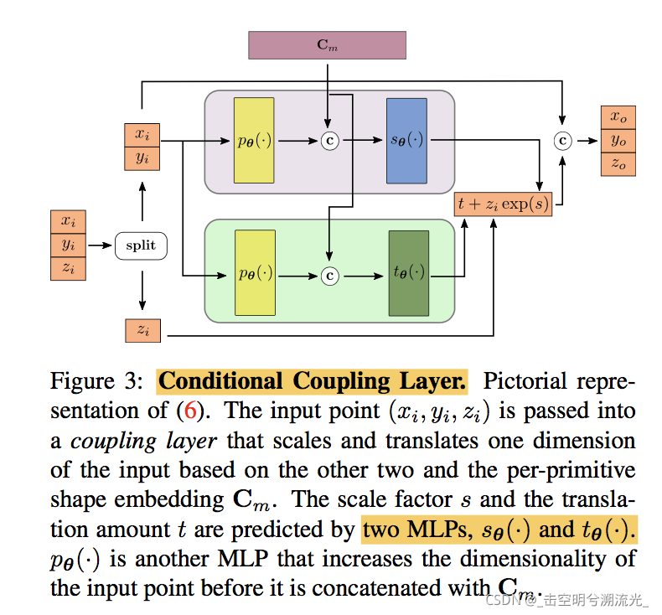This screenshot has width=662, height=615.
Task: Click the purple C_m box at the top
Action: click(x=327, y=45)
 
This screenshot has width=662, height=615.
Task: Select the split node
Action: click(x=141, y=245)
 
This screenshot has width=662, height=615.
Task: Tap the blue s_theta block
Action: click(x=406, y=141)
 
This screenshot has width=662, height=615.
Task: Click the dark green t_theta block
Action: click(x=408, y=274)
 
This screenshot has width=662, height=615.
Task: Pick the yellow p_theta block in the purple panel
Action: click(x=254, y=141)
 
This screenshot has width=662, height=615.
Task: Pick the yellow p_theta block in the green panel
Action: click(x=254, y=274)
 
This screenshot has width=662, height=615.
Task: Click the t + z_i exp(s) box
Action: click(x=503, y=204)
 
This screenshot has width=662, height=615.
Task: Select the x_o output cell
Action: click(x=618, y=116)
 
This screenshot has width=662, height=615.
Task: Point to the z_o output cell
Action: click(x=618, y=163)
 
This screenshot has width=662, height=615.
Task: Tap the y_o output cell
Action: click(x=618, y=140)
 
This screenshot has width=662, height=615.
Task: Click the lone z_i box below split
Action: click(x=142, y=330)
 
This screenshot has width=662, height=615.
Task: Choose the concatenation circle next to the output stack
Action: click(x=563, y=141)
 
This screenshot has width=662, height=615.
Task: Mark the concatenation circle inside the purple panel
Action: click(x=330, y=141)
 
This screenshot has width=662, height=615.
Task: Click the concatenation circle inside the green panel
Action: click(x=330, y=274)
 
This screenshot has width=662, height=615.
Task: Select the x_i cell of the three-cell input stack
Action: click(x=68, y=222)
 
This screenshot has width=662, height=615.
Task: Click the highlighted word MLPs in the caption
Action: click(x=432, y=530)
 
